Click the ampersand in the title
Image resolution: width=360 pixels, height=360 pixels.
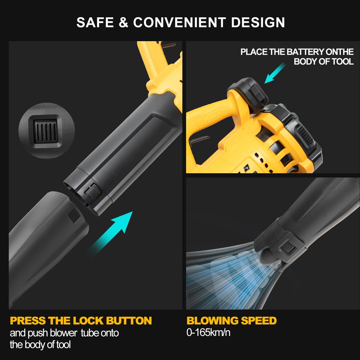pyautogui.click(x=123, y=22)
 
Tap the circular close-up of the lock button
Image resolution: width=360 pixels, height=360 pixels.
pyautogui.click(x=44, y=131)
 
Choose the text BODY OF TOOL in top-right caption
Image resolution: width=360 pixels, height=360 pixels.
pyautogui.click(x=324, y=61)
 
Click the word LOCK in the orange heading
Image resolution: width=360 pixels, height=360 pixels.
pyautogui.click(x=88, y=321)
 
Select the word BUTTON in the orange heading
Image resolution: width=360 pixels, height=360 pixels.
pyautogui.click(x=129, y=321)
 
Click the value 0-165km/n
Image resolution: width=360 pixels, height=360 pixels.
pyautogui.click(x=208, y=332)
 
